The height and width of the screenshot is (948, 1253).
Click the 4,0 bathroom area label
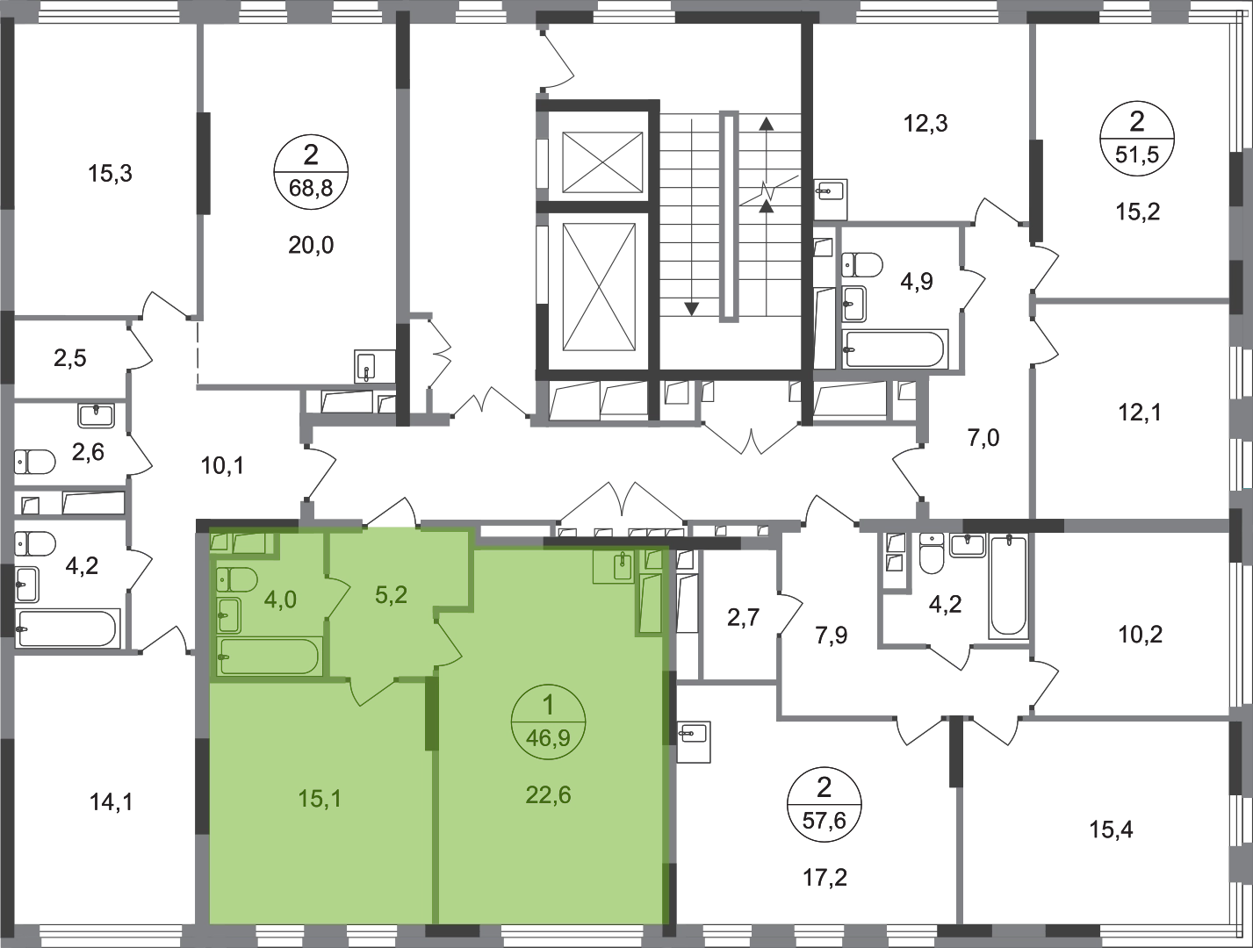point(279,600)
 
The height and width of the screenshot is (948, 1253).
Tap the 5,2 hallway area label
point(390,595)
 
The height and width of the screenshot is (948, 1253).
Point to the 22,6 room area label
point(549,795)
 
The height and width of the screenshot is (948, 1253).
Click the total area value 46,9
point(548,738)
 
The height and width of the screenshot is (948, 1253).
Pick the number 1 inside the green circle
point(548,705)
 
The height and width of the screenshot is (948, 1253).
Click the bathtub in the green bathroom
point(269,656)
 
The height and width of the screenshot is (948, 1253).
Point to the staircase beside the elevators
point(733,211)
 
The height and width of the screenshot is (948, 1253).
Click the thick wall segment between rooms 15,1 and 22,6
point(432,707)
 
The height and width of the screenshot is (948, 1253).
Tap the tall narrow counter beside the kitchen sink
point(650,603)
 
